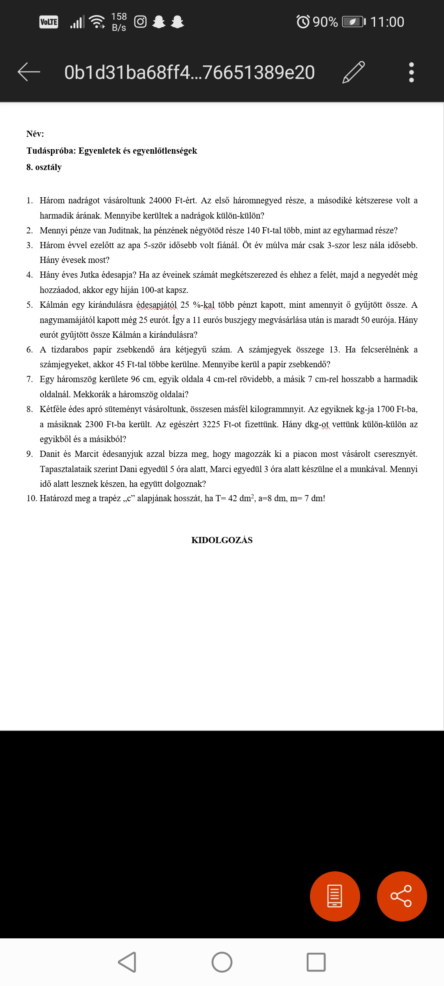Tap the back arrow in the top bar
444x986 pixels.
[x=29, y=72]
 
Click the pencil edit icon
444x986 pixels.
[x=353, y=72]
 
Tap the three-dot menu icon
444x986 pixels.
[x=411, y=72]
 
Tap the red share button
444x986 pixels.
[x=402, y=896]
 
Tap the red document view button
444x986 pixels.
[x=335, y=896]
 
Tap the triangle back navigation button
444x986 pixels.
[x=127, y=962]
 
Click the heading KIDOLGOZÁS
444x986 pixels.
[x=222, y=540]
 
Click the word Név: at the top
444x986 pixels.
[x=35, y=134]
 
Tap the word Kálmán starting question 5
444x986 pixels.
[x=54, y=305]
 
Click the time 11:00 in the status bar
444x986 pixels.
[x=387, y=22]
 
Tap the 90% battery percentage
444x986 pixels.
[x=325, y=22]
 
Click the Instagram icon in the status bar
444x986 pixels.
[x=140, y=22]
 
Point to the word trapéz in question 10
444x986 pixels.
[x=109, y=499]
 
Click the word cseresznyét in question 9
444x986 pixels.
[x=395, y=454]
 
